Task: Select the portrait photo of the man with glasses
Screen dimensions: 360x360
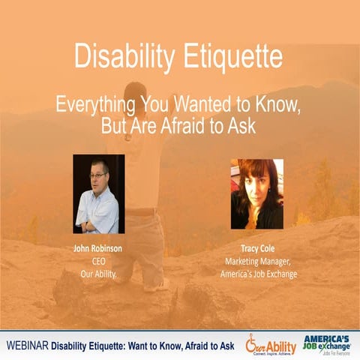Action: (98, 193)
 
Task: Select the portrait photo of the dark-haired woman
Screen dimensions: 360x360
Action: (257, 193)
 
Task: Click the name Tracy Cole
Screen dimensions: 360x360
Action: (257, 247)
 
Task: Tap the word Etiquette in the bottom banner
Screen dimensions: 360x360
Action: (136, 344)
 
